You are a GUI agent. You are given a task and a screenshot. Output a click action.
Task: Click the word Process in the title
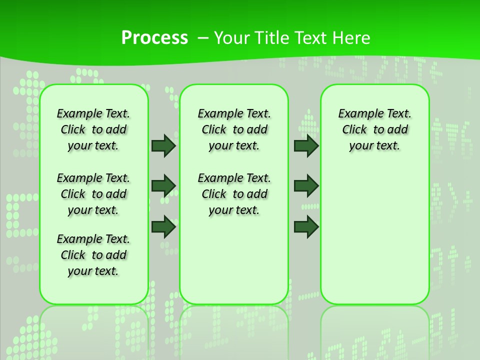coord(154,37)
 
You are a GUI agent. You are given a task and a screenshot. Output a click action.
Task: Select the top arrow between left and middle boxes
coord(163,145)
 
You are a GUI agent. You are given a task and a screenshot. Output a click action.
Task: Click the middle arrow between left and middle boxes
coord(163,186)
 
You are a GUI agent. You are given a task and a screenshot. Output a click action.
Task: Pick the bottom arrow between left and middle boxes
coord(163,226)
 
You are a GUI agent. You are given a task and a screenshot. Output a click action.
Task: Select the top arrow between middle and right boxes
coord(306,145)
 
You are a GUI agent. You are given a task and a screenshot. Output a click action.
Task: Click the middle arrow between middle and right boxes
coord(306,186)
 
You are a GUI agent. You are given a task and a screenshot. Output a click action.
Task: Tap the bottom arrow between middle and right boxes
coord(306,226)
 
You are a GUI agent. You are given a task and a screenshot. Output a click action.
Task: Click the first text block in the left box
coord(93,129)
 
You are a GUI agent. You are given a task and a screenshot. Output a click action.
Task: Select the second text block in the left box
coord(93,194)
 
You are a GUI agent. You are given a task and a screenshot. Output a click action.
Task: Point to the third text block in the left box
coord(93,255)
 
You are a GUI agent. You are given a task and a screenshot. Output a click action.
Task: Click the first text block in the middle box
coord(234,129)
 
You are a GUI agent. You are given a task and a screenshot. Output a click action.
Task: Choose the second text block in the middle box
coord(234,194)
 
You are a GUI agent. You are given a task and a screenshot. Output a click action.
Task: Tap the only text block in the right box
coord(374,129)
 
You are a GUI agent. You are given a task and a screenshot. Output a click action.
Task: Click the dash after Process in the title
coord(203,37)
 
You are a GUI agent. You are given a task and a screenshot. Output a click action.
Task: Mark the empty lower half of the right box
coord(374,235)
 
